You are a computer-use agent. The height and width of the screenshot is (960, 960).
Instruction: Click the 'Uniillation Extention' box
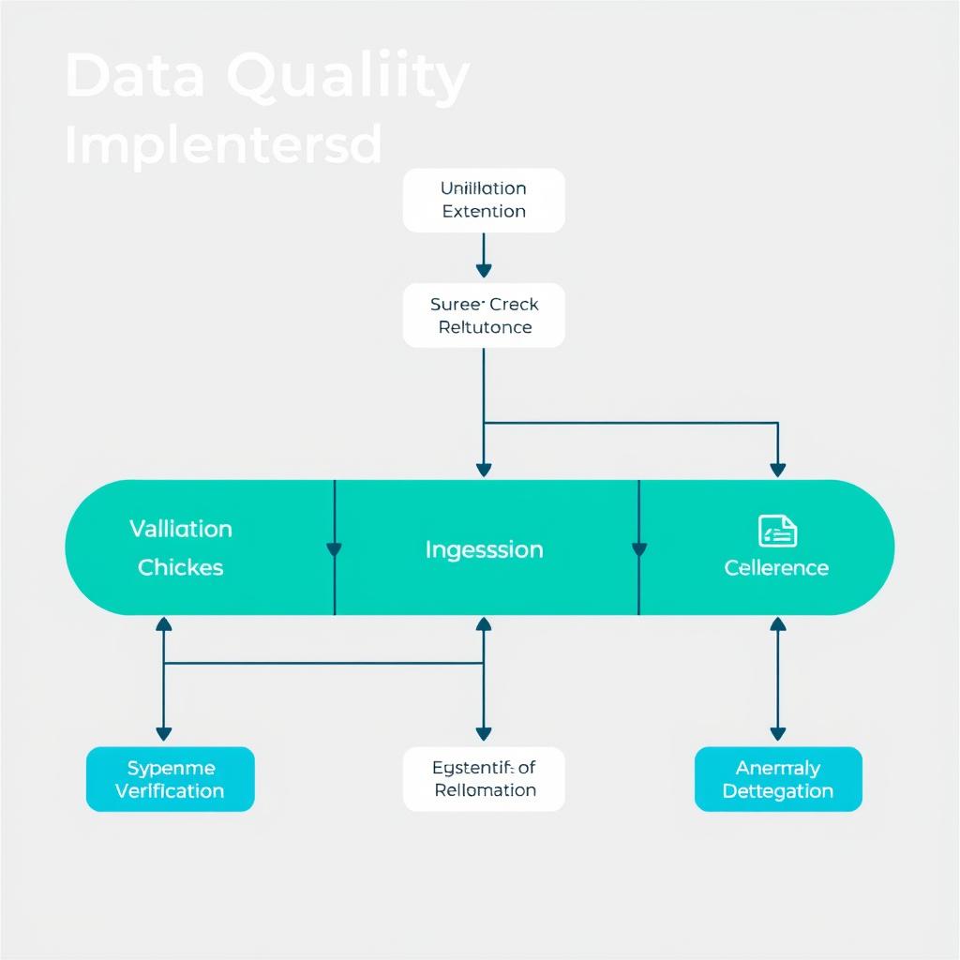point(484,200)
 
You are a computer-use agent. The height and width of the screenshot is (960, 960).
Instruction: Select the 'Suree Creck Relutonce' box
point(484,315)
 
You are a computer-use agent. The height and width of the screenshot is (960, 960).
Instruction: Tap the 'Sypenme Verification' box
point(170,779)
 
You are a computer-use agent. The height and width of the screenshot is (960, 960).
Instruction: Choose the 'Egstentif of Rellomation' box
point(484,779)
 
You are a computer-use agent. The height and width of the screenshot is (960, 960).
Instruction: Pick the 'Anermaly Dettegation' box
point(778,779)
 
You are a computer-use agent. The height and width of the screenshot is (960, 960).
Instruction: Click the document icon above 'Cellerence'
point(777,531)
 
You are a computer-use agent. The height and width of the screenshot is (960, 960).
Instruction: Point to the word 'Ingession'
point(484,549)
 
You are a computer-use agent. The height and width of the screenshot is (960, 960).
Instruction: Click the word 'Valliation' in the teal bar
point(180,529)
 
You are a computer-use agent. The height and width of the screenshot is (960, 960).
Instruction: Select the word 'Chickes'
point(180,567)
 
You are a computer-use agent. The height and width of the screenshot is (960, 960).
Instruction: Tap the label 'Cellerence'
point(776,568)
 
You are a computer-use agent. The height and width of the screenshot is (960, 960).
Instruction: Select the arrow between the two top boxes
point(484,256)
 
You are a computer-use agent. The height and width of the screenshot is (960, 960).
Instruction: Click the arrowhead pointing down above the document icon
point(777,469)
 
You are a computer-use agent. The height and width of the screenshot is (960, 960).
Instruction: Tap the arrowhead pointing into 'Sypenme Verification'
point(164,733)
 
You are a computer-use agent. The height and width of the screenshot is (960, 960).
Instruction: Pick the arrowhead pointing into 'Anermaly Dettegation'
point(777,733)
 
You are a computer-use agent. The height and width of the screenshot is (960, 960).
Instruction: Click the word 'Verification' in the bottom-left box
point(170,790)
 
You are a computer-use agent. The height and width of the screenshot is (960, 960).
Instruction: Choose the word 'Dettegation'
point(778,791)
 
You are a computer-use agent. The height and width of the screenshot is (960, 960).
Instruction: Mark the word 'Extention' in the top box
point(484,211)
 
